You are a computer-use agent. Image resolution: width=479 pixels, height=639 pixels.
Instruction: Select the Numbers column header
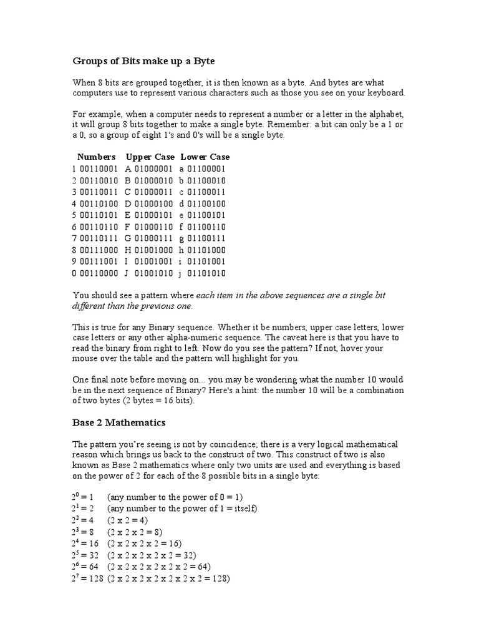(96, 157)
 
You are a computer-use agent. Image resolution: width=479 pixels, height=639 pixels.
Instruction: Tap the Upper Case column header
(150, 157)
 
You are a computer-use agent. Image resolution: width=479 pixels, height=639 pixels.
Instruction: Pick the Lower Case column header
(205, 157)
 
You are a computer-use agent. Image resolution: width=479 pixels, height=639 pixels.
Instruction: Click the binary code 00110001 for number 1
(99, 168)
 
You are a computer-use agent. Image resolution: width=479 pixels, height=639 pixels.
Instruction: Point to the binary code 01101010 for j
(206, 273)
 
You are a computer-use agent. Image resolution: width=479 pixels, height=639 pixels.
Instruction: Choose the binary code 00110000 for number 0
(99, 273)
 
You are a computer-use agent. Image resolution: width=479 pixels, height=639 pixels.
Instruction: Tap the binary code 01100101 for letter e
(206, 215)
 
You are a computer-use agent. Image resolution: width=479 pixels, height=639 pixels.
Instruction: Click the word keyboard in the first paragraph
(384, 93)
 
